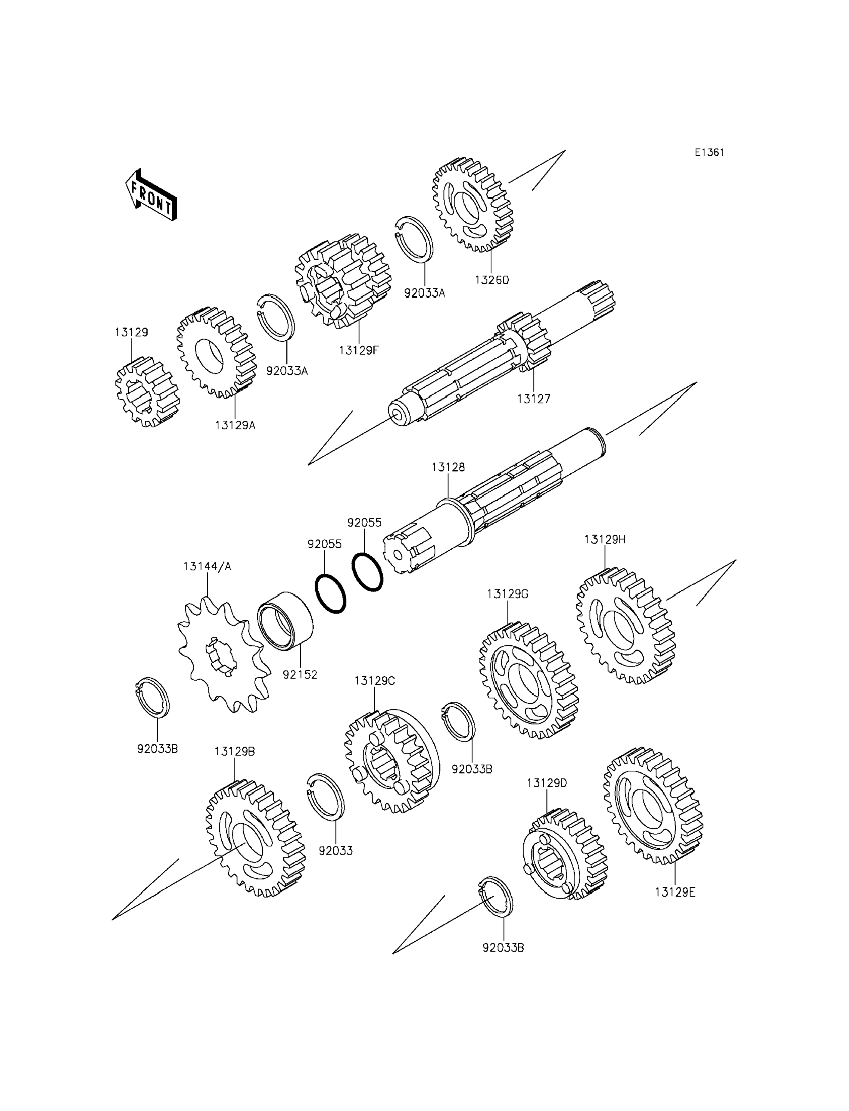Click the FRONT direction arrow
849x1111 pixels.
pos(151,196)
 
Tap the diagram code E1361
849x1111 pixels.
pos(709,153)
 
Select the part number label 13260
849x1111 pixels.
pos(492,280)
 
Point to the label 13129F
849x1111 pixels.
pos(358,350)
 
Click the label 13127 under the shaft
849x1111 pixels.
pos(534,399)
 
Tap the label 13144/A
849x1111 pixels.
pos(207,566)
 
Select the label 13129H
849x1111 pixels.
pos(605,539)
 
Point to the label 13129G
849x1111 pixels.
pos(508,594)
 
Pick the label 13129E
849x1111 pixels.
pos(675,893)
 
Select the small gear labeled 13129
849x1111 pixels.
pos(146,392)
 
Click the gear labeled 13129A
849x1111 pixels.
pos(216,352)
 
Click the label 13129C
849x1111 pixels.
pos(375,681)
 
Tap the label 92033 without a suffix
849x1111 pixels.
pos(336,851)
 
